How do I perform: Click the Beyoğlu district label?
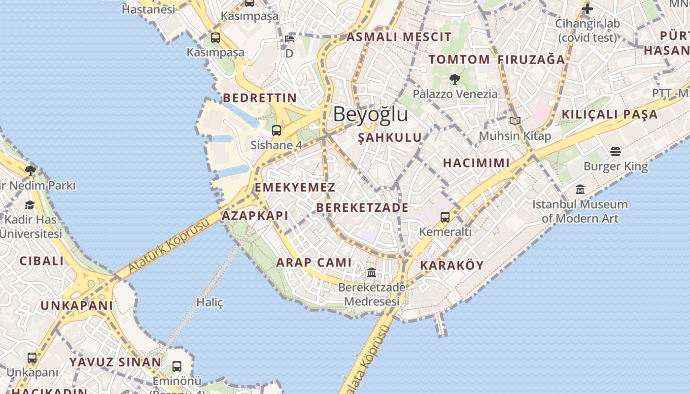click(x=371, y=114)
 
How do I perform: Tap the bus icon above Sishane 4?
click(x=276, y=131)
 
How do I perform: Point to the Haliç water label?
click(x=210, y=302)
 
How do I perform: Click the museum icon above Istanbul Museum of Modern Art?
click(x=580, y=189)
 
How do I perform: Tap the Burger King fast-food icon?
click(x=616, y=151)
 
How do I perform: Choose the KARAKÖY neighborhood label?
click(x=451, y=265)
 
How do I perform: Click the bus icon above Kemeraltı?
click(x=445, y=217)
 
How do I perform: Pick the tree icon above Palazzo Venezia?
click(x=454, y=79)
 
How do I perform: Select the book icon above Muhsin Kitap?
click(x=515, y=121)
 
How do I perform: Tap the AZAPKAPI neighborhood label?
click(x=255, y=216)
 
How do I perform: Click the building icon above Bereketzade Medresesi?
click(x=372, y=272)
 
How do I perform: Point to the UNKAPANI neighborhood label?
click(x=76, y=305)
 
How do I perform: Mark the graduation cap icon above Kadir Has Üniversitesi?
click(x=30, y=205)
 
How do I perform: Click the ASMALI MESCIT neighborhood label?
click(x=399, y=37)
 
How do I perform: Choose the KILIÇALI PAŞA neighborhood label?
click(x=610, y=114)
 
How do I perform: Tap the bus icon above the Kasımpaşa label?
click(x=215, y=37)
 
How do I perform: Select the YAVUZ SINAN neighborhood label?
click(x=115, y=362)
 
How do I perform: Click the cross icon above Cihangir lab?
click(x=587, y=9)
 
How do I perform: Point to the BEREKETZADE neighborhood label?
click(x=362, y=207)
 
